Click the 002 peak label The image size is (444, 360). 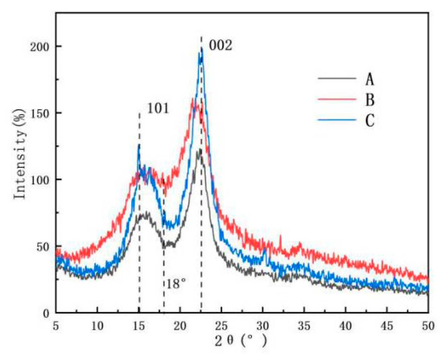coord(220,46)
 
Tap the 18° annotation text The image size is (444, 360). coord(176,284)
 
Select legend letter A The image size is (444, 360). coord(370,80)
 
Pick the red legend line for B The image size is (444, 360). coord(337,99)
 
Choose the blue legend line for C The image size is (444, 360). coord(337,120)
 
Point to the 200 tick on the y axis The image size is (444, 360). coord(40,47)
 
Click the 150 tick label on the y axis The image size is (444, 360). coord(40,113)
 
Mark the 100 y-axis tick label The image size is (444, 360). coord(40,180)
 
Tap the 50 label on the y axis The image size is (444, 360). coord(43,246)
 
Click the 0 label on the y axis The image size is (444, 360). coord(46,313)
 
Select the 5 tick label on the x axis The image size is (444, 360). coord(56,326)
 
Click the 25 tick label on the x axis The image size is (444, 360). coord(221,326)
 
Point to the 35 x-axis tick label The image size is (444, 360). coord(304,326)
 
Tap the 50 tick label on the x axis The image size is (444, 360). coord(428,326)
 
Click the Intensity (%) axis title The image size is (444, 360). coord(20,154)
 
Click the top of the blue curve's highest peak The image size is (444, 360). coord(202,48)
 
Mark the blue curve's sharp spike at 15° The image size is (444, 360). coord(139,145)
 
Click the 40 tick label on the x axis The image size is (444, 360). coord(345,326)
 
